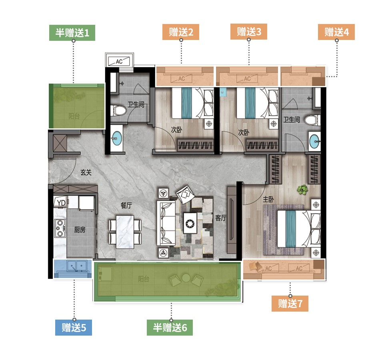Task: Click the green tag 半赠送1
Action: (x=72, y=33)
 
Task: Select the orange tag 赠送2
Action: (x=181, y=32)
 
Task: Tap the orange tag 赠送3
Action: (x=248, y=32)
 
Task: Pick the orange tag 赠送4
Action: (x=336, y=32)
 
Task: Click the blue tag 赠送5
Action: (x=74, y=328)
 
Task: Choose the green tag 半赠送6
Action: (x=170, y=328)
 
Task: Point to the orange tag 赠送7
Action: (x=290, y=304)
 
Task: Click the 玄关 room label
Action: (x=86, y=172)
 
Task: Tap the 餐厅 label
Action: (x=126, y=205)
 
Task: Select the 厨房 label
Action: (x=80, y=230)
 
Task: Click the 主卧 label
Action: (x=268, y=199)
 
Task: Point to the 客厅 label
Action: (x=221, y=218)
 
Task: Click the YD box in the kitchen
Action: (x=61, y=202)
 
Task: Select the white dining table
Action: (x=125, y=232)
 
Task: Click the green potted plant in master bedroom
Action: (x=302, y=190)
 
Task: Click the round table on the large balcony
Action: (x=186, y=278)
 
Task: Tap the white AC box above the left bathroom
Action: (x=119, y=60)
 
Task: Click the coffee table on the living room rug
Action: (x=190, y=223)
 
